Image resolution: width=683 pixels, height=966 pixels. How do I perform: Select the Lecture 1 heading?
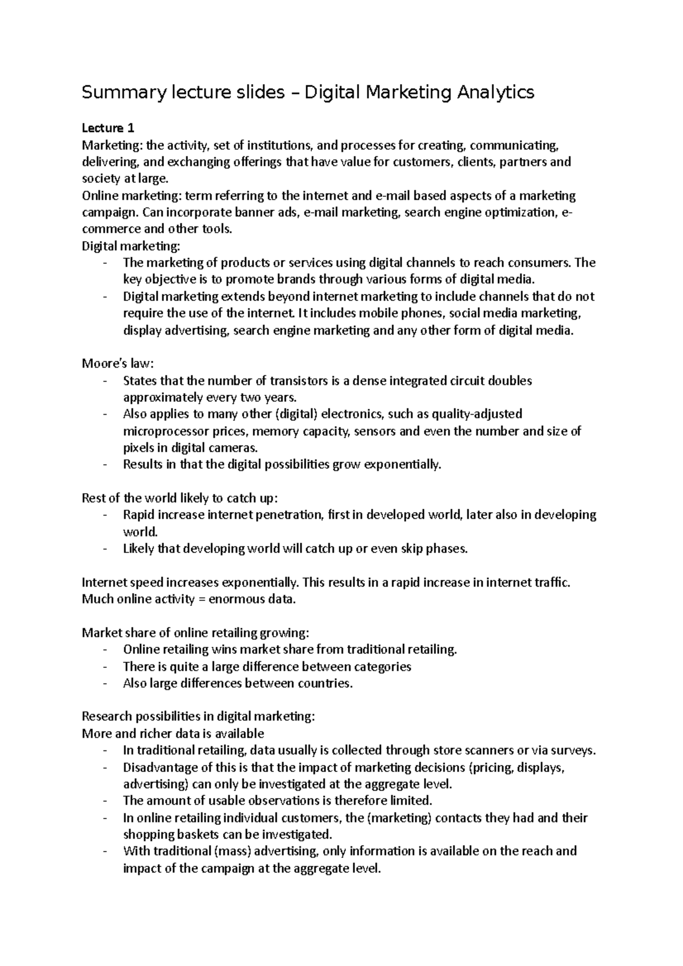click(108, 128)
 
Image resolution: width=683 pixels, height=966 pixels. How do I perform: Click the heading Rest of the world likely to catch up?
click(180, 498)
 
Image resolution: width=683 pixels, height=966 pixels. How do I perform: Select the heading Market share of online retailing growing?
click(196, 633)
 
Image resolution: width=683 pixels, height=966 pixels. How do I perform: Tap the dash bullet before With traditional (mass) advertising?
click(105, 852)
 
